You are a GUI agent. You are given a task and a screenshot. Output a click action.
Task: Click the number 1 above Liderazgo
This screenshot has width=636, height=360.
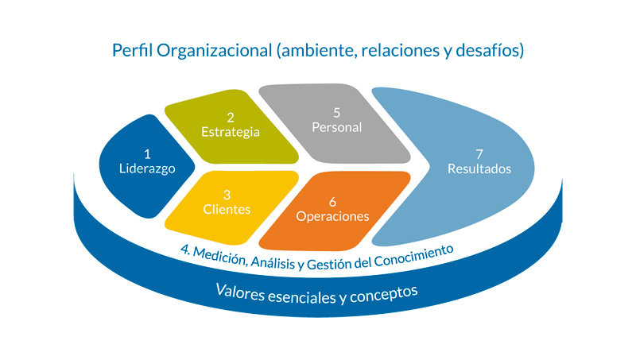click(147, 154)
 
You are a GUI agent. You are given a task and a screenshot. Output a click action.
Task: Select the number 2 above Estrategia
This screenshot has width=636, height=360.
click(231, 117)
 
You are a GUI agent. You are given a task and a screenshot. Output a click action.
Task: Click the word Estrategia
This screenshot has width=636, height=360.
click(231, 132)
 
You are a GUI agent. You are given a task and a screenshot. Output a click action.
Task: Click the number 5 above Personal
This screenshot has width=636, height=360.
click(337, 112)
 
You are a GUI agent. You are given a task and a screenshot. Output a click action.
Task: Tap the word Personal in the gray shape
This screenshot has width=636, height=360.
click(337, 127)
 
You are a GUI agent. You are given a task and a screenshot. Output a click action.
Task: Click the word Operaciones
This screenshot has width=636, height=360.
click(332, 216)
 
